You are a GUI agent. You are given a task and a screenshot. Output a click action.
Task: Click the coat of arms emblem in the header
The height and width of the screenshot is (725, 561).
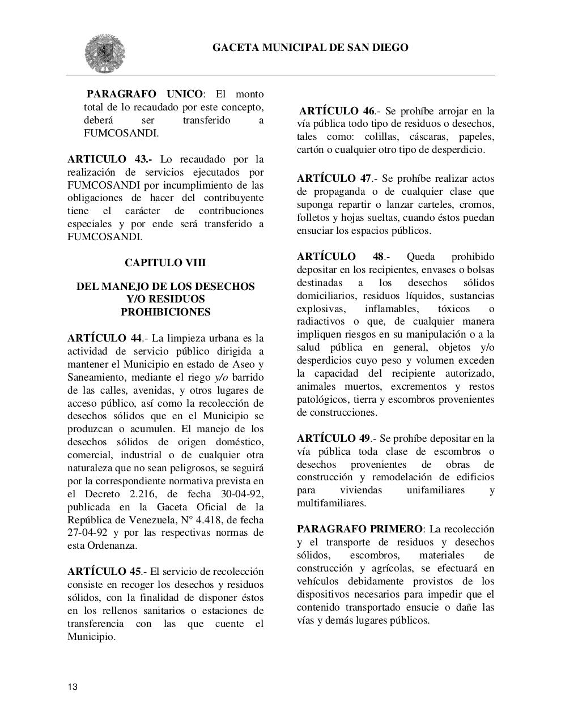[x=105, y=53]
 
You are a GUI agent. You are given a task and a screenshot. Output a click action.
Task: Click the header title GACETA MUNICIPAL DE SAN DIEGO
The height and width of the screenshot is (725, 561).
[x=310, y=48]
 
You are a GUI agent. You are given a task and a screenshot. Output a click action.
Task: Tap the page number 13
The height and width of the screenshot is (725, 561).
[x=73, y=687]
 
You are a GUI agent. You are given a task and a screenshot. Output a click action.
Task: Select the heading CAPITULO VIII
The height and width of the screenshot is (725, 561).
[x=165, y=263]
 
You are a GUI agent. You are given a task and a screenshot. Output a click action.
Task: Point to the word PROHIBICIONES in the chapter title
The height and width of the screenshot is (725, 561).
[x=165, y=312]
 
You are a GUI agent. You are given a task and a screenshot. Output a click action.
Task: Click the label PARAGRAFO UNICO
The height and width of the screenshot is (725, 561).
[x=144, y=94]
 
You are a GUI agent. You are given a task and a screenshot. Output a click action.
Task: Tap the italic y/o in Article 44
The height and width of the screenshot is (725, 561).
[x=220, y=377]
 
